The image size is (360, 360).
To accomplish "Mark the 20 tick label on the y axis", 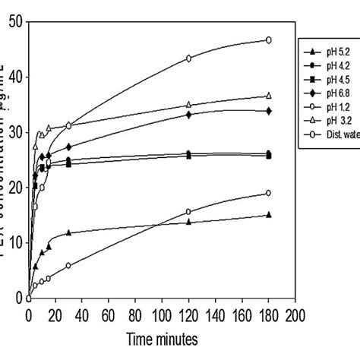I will pyautogui.click(x=14, y=188).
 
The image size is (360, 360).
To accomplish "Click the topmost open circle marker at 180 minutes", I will pyautogui.click(x=268, y=39).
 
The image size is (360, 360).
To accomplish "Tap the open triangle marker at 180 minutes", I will pyautogui.click(x=268, y=96).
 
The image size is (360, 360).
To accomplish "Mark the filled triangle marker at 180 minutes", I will pyautogui.click(x=268, y=215).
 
